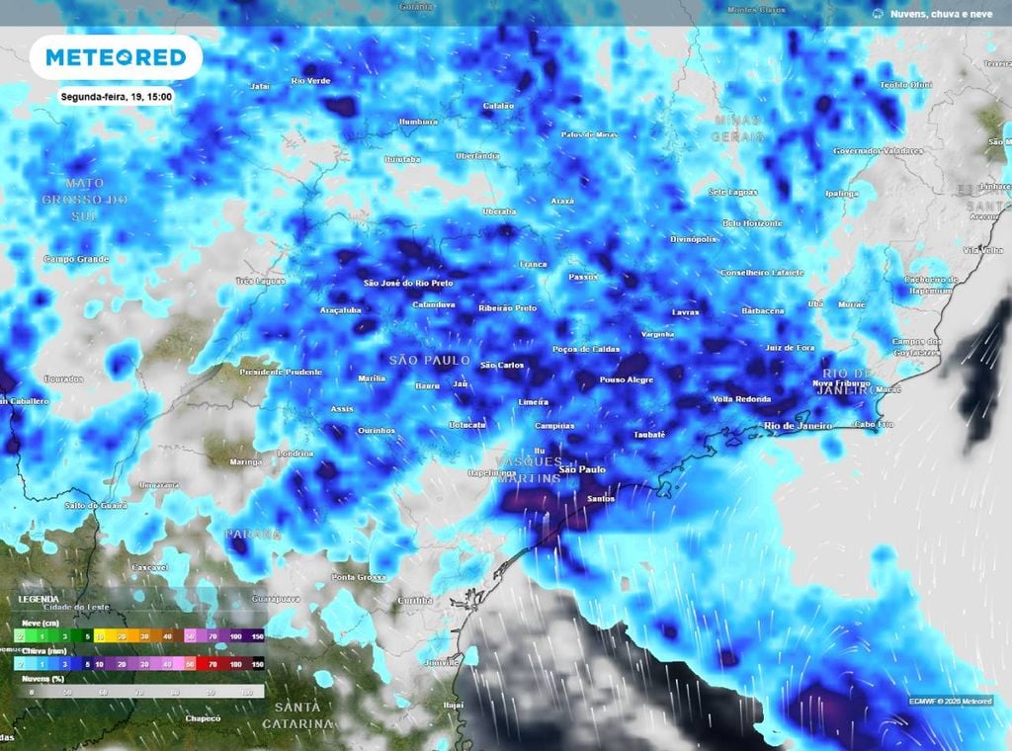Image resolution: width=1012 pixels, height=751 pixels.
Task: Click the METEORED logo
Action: pos(116,57)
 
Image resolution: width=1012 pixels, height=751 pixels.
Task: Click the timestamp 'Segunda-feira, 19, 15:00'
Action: pos(116,98)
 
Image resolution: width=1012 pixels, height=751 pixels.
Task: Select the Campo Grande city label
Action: pos(74,258)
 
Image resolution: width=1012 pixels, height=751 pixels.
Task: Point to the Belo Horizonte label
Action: pos(753,223)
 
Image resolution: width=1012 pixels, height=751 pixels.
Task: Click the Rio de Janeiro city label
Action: pos(799,426)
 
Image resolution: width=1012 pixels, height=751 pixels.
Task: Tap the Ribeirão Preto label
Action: pos(508,308)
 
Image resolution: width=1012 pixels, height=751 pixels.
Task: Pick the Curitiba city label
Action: pos(408,600)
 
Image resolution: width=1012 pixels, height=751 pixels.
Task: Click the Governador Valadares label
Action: pos(879,151)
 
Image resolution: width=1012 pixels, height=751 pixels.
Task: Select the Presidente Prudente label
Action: pos(281,372)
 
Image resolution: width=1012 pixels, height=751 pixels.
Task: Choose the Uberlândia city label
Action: pos(477,156)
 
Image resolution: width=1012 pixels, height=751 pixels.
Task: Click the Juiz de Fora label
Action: pos(790,348)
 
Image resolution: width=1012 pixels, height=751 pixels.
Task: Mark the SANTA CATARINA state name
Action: pos(297,715)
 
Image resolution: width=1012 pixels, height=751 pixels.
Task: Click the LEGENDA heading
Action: pos(39,599)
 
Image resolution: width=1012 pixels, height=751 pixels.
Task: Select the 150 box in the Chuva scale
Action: pos(257,665)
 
